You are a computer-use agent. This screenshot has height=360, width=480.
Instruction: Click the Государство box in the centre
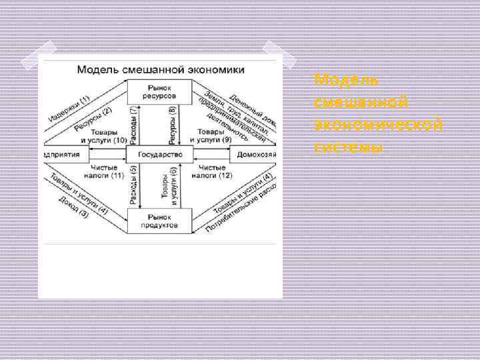pos(160,155)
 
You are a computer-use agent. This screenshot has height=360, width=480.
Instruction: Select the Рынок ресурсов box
pos(159,91)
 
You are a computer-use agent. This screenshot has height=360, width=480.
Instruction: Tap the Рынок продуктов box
pos(159,221)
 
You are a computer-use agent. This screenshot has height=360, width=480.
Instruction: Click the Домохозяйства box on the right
pos(253,155)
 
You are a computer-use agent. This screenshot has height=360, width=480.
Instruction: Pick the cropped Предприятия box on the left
pos(63,155)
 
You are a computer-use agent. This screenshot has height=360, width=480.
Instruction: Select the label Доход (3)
pos(73,207)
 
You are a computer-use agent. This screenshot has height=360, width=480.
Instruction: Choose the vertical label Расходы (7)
pos(134,124)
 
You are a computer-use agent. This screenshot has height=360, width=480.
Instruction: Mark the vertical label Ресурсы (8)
pos(173,124)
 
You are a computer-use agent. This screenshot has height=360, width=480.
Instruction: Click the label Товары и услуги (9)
pos(211,136)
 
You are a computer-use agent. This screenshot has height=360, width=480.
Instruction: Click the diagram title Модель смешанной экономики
pos(160,69)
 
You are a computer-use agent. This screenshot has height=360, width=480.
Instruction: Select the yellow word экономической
pos(379,125)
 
